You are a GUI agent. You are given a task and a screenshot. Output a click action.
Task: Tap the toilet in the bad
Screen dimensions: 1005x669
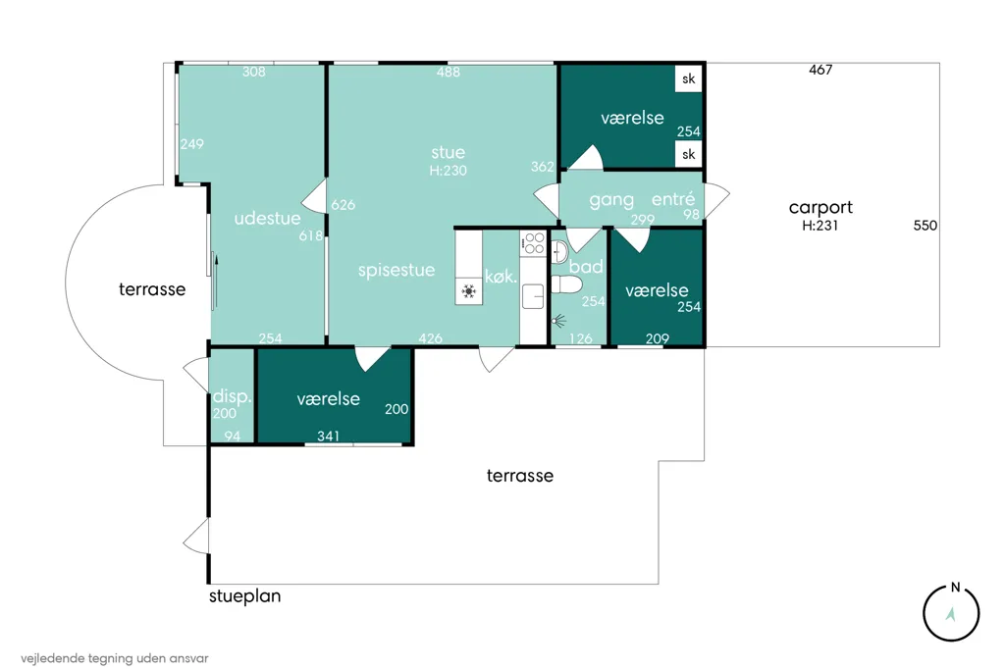click(566, 283)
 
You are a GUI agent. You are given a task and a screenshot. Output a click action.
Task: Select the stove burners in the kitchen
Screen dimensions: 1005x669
click(533, 243)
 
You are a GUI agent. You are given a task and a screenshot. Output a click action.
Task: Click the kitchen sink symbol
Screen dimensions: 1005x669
click(533, 296)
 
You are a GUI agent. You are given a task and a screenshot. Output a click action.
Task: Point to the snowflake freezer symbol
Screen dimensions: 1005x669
click(468, 291)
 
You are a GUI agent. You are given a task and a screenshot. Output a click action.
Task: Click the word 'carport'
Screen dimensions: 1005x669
click(820, 208)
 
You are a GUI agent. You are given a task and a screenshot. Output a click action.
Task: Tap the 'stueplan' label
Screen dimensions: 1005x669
click(244, 596)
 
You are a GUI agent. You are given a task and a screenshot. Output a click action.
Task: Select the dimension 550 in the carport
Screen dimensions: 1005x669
click(925, 226)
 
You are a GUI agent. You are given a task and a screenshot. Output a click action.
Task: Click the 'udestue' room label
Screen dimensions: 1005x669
click(267, 219)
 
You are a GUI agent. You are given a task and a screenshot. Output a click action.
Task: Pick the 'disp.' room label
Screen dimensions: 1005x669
click(232, 396)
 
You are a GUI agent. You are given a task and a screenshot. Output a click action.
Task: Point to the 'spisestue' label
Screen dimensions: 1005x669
click(397, 271)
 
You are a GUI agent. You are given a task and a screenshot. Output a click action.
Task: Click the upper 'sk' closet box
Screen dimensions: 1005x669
click(688, 78)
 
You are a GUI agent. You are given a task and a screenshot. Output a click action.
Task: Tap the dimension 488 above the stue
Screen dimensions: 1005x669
click(448, 72)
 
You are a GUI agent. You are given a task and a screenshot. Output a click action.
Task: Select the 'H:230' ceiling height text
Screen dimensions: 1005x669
click(448, 171)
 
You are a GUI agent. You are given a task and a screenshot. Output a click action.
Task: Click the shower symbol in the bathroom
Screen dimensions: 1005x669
click(558, 320)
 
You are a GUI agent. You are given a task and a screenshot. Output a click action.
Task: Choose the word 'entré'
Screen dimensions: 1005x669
click(673, 199)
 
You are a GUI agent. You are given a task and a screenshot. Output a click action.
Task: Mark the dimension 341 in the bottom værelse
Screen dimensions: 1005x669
click(328, 437)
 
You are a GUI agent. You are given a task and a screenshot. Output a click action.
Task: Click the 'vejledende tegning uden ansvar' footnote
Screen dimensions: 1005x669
click(115, 658)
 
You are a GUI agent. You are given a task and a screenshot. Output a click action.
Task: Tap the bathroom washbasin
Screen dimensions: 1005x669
click(558, 251)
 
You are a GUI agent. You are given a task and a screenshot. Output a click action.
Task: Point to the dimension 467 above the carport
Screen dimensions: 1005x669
click(820, 70)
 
